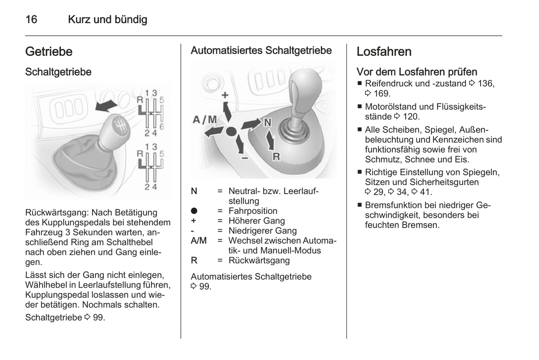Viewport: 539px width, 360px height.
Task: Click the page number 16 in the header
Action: pyautogui.click(x=31, y=19)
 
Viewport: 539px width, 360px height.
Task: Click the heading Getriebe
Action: pyautogui.click(x=49, y=51)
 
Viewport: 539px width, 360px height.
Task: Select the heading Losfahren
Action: pyautogui.click(x=384, y=51)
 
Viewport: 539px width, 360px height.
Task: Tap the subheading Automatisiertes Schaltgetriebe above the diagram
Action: pyautogui.click(x=261, y=50)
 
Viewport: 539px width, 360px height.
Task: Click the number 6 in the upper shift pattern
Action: pyautogui.click(x=162, y=126)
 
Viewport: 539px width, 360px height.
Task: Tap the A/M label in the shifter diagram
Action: pyautogui.click(x=205, y=119)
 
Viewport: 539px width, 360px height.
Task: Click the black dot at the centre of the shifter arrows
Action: pyautogui.click(x=231, y=131)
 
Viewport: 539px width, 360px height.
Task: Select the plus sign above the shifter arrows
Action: pyautogui.click(x=225, y=95)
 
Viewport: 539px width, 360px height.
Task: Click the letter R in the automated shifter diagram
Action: pyautogui.click(x=276, y=157)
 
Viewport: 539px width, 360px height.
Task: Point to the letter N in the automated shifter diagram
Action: pyautogui.click(x=267, y=122)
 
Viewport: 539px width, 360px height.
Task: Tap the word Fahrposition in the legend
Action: pyautogui.click(x=253, y=211)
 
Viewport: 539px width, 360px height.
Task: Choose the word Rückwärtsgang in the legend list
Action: pyautogui.click(x=259, y=260)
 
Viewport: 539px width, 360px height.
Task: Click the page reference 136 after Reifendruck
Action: pyautogui.click(x=485, y=84)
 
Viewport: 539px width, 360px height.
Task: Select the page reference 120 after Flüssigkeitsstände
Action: pyautogui.click(x=410, y=116)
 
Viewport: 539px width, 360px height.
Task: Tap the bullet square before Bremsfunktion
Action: pyautogui.click(x=360, y=205)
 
